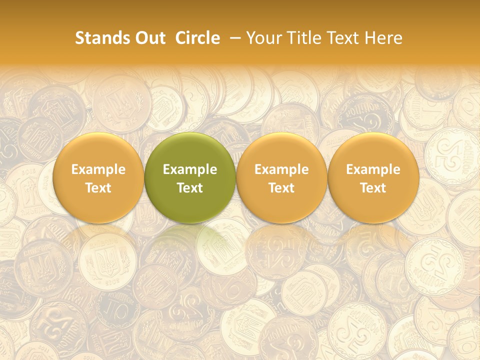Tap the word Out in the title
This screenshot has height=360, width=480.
pyautogui.click(x=148, y=38)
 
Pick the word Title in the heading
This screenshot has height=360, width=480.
pyautogui.click(x=300, y=38)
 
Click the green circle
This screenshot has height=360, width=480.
pyautogui.click(x=190, y=178)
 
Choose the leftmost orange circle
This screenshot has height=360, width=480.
pyautogui.click(x=98, y=178)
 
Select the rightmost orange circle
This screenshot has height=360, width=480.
pyautogui.click(x=373, y=178)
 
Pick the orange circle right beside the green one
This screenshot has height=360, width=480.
pyautogui.click(x=281, y=178)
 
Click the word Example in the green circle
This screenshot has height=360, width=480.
pyautogui.click(x=190, y=169)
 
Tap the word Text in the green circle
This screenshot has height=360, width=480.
pyautogui.click(x=190, y=188)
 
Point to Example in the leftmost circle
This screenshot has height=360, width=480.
pyautogui.click(x=98, y=169)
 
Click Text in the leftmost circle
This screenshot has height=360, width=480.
pyautogui.click(x=98, y=188)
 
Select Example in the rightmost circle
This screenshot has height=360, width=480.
pyautogui.click(x=373, y=169)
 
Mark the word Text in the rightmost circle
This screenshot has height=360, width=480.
pyautogui.click(x=373, y=188)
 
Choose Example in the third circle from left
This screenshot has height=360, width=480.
pyautogui.click(x=281, y=169)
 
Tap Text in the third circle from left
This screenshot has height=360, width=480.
pyautogui.click(x=281, y=188)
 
